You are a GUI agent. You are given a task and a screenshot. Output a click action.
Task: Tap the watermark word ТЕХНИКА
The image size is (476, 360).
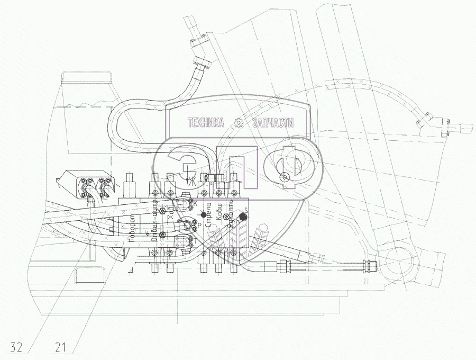206,123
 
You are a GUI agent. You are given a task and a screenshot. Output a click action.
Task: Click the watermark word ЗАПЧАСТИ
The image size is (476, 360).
274,123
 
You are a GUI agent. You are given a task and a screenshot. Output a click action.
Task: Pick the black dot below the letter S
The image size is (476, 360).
243,217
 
